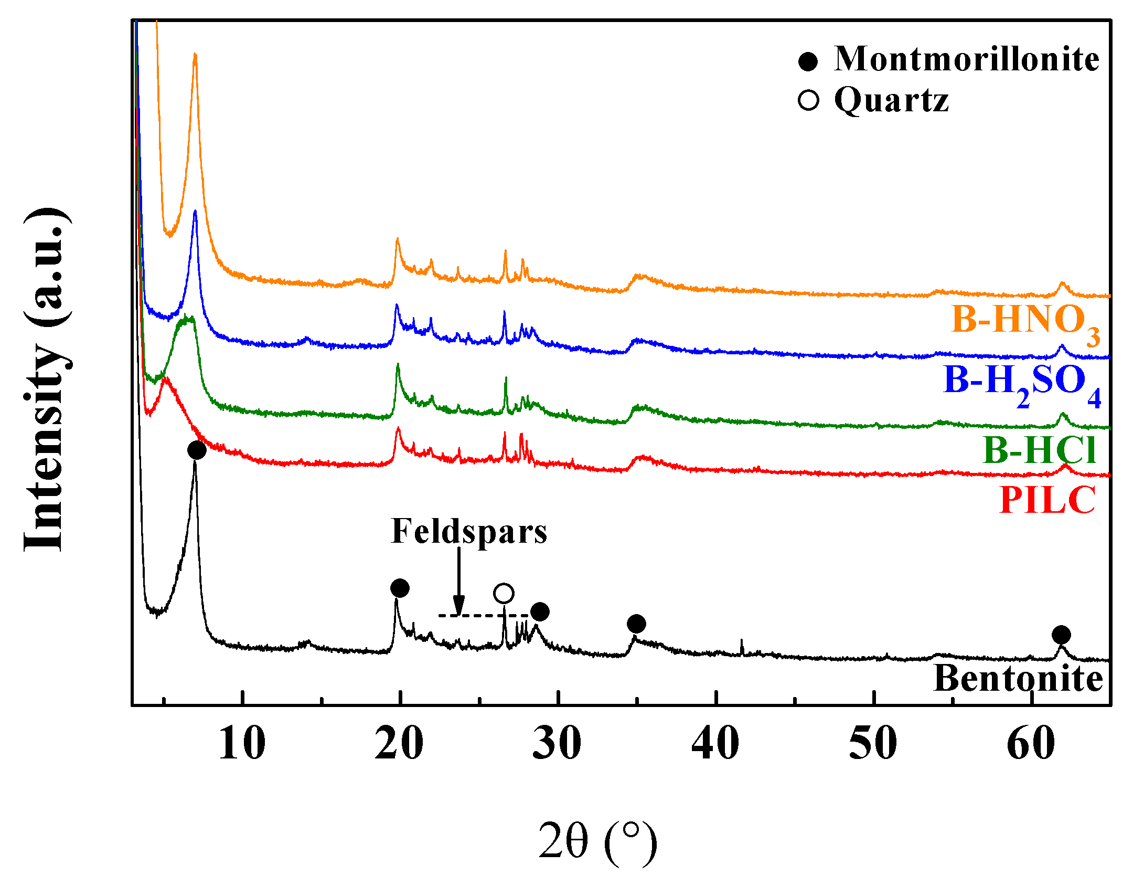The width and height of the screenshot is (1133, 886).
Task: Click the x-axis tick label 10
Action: pos(242,744)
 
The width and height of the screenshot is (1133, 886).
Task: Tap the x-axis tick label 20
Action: pos(399,744)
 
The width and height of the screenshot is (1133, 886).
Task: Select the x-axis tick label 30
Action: pos(557,744)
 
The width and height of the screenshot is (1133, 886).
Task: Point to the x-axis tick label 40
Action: pos(715,744)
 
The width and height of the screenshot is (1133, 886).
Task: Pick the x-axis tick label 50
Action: pos(873,744)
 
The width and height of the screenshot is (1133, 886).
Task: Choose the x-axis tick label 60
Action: pos(1031,744)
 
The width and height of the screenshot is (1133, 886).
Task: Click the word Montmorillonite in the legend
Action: pos(966,59)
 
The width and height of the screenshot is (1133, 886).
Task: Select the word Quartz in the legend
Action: pos(892,100)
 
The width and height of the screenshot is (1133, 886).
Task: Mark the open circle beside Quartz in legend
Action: pos(808,100)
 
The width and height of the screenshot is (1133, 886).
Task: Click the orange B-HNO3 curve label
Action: pos(1025,321)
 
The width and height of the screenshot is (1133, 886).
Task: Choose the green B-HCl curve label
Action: pos(1039,450)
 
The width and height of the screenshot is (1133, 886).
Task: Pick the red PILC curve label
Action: pos(1047,500)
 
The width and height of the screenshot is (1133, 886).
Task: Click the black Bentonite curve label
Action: pos(1018,679)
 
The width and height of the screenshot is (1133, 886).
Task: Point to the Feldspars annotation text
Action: pos(469,532)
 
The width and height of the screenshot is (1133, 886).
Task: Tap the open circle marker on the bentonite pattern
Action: pos(504,594)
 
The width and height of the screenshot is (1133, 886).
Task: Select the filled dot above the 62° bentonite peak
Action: pos(1061,635)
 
